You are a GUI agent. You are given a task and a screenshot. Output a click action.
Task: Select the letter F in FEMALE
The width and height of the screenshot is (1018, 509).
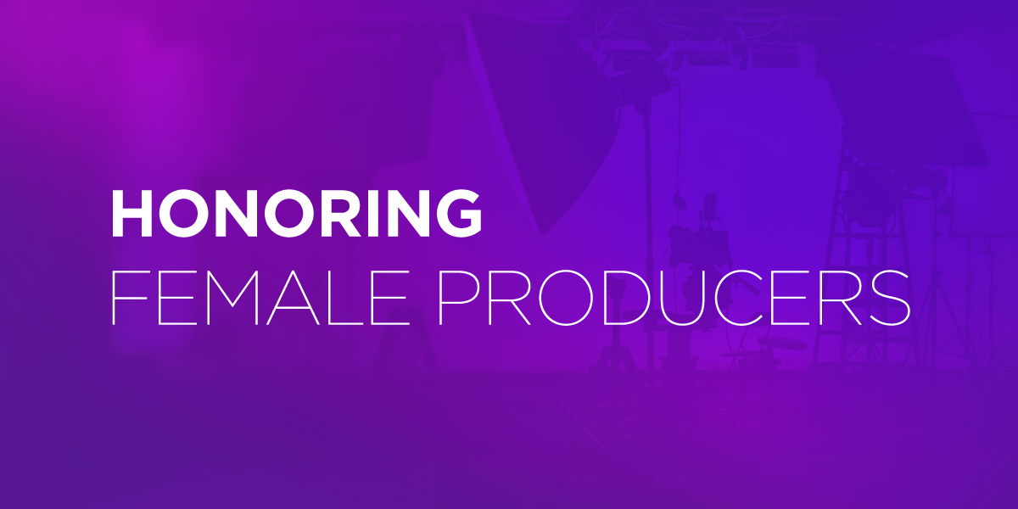126,298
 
